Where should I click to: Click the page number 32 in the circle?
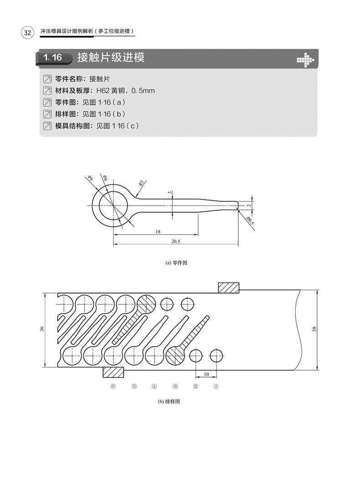pos(26,33)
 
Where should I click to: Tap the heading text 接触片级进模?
pos(111,58)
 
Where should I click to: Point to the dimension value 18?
pos(158,232)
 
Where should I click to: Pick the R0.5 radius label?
pos(249,222)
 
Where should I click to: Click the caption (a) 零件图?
pos(177,263)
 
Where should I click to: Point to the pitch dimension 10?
pos(206,374)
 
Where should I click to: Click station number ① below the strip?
pos(216,386)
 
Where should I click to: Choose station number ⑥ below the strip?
pos(113,386)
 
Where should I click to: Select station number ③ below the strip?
pos(175,386)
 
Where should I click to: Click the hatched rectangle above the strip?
pos(229,288)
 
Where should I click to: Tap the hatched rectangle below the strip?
pos(113,372)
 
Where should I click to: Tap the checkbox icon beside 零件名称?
pos(46,79)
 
